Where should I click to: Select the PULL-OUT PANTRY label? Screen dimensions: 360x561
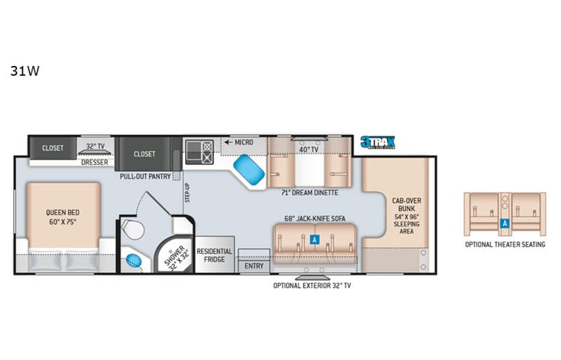pos(144,176)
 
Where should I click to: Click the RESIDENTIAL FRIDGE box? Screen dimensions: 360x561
pos(214,256)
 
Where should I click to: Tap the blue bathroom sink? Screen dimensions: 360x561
pos(135,259)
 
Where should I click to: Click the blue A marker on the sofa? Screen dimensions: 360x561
pos(315,239)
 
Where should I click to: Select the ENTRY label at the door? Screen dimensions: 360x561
pos(254,266)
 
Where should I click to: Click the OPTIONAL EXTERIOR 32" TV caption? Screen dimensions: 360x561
pos(314,286)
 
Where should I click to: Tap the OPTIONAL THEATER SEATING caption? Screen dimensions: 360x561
pos(505,244)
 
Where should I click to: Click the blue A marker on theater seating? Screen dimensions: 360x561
pos(505,224)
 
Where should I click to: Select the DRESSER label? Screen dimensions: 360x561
pos(94,163)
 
